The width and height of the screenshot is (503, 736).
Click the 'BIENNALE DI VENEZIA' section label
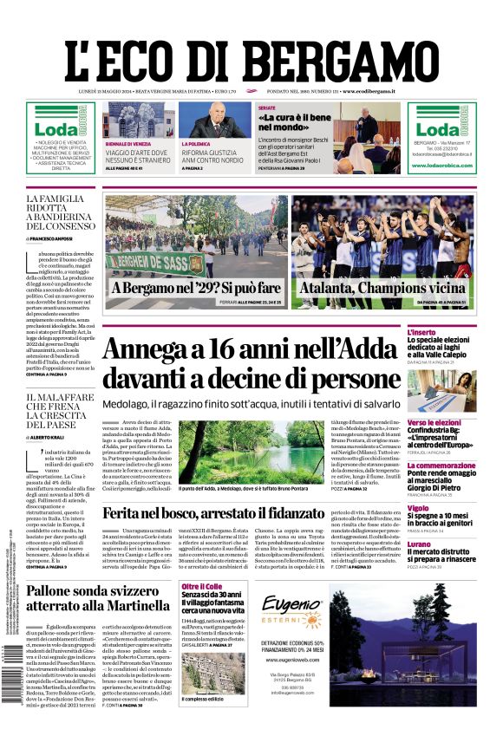click(128, 143)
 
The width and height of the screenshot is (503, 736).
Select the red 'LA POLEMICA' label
click(196, 143)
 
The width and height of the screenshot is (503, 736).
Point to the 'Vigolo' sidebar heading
click(442, 508)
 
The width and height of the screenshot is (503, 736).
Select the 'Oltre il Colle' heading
click(203, 587)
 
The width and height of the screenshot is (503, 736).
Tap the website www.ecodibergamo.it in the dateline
click(369, 91)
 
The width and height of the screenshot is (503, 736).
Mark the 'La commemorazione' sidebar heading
click(465, 466)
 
